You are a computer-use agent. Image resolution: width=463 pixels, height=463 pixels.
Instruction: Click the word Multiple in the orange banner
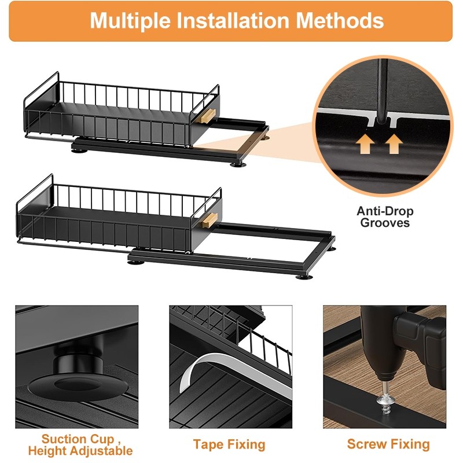pos(130,21)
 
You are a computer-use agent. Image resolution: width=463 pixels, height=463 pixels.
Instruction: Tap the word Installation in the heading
pos(233,20)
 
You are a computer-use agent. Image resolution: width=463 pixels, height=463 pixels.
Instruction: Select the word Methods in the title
pos(340,20)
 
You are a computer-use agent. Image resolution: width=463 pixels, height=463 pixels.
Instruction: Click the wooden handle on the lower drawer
pos(210,221)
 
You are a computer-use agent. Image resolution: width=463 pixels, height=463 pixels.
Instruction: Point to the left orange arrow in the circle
pos(365,144)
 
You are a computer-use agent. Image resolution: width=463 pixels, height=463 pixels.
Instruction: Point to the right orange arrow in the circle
pos(394,144)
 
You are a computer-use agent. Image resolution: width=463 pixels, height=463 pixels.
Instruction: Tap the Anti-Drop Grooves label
pos(385,216)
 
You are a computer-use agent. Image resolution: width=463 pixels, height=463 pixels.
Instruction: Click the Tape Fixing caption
pos(229,444)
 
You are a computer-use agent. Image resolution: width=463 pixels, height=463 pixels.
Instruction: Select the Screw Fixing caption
pos(388,444)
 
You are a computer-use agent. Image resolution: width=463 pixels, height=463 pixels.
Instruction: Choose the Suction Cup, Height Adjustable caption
pos(80,445)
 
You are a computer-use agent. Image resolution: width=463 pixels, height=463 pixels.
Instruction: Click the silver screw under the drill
pos(383,398)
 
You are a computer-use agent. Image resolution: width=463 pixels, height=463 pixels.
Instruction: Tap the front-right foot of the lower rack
pos(304,277)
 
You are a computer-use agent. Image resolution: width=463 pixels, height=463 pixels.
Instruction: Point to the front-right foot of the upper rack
pos(238,164)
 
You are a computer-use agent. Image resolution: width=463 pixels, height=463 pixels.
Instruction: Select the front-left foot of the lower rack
pos(135,262)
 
